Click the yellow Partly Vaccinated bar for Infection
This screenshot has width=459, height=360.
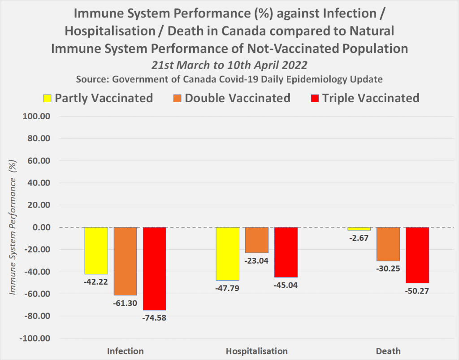point(96,251)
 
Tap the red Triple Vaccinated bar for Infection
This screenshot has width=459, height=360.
point(154,269)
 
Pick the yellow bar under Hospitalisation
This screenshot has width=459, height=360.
point(227,254)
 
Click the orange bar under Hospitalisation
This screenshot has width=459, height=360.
point(256,240)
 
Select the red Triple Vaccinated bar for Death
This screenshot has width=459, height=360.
point(417,255)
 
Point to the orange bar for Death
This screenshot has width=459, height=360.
point(388,244)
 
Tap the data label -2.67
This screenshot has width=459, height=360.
point(359,238)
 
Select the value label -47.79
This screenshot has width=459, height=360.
point(227,288)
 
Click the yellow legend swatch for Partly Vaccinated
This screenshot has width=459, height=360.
point(47,98)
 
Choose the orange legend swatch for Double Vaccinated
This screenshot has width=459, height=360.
point(178,98)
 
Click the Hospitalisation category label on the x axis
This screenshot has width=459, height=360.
point(256,351)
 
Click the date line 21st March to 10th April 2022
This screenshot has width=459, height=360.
point(229,65)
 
